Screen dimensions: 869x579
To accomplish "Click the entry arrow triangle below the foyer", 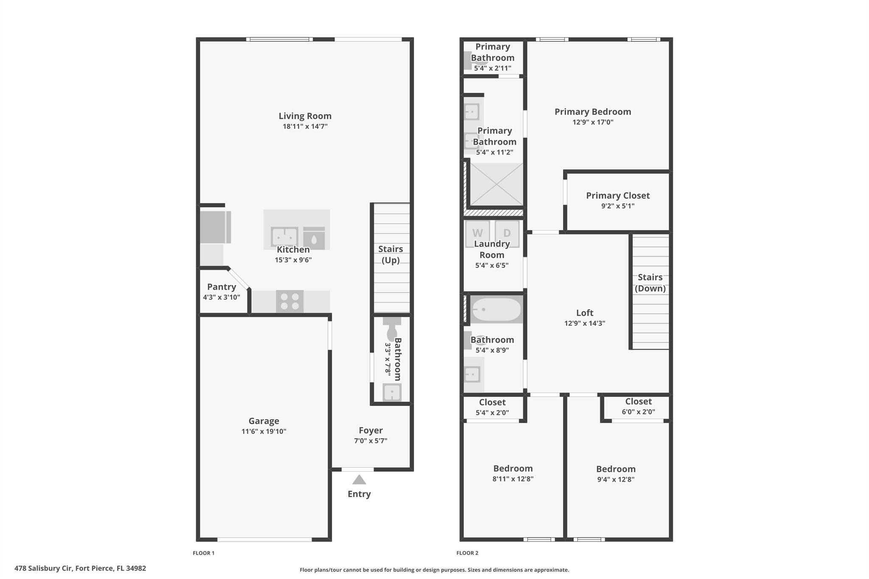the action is pos(359,479).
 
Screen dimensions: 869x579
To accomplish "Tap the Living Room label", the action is pos(305,116).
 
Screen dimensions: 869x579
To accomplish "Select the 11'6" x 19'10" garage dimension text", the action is pos(264,431).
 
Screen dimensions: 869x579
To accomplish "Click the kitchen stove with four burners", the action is pos(290,302).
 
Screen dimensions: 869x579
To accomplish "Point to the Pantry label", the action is pos(221,287).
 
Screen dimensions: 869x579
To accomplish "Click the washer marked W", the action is pos(478,232).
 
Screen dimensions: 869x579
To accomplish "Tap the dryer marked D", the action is pos(507,232).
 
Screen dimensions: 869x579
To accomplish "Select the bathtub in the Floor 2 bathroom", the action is pos(496,310).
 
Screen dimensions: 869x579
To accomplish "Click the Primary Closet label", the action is pos(618,196).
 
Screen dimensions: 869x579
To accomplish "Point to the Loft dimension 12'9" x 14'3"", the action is pos(585,323).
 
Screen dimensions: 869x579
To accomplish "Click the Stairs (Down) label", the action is pos(650,283).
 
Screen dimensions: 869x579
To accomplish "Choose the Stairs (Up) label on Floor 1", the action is pos(391,255).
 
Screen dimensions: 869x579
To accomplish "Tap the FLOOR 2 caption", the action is pos(467,553).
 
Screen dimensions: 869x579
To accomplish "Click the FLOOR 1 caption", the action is pos(204,553).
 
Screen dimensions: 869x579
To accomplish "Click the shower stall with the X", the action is pos(496,185).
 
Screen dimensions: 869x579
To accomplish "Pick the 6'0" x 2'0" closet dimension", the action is pos(639,412).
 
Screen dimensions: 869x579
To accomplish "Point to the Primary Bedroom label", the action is pos(593,112).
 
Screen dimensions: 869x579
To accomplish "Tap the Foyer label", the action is pos(371,430).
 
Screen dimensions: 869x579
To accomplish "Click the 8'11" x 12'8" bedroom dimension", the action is pos(513,479).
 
